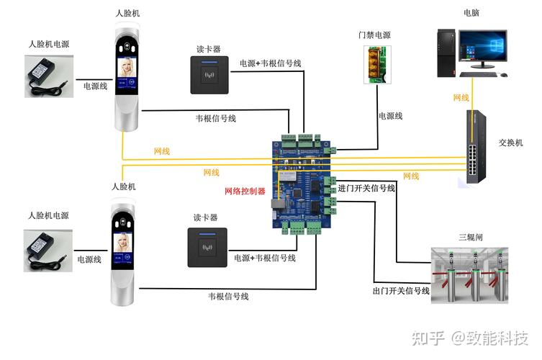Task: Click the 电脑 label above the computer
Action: click(471, 13)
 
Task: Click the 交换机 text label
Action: click(511, 143)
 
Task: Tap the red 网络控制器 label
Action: click(245, 192)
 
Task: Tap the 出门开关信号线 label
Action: click(401, 291)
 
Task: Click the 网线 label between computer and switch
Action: click(461, 97)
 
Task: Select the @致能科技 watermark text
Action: click(489, 337)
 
